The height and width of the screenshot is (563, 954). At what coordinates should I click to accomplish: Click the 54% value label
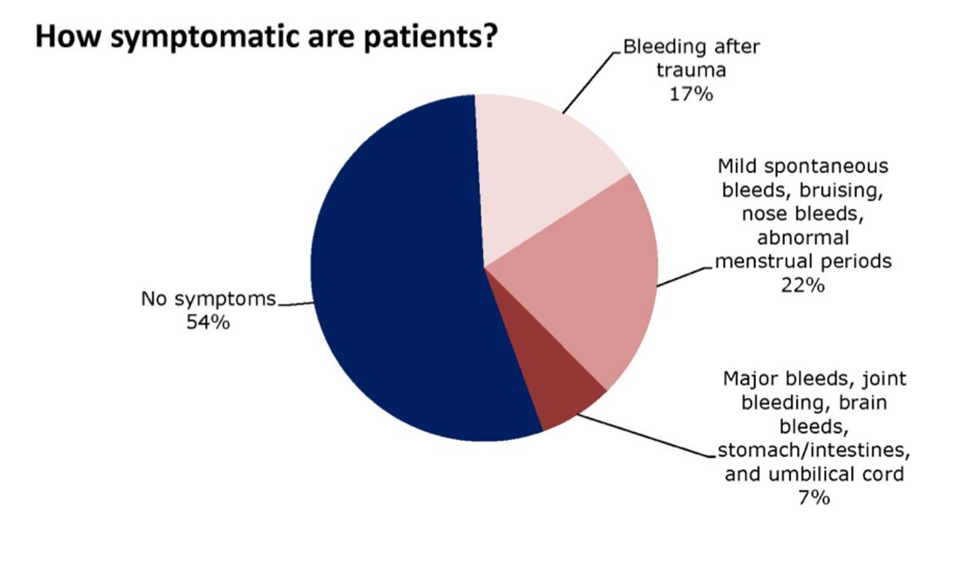pyautogui.click(x=208, y=323)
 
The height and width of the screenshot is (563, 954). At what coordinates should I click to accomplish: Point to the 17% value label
pyautogui.click(x=691, y=95)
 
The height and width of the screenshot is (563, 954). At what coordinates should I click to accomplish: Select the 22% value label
pyautogui.click(x=803, y=285)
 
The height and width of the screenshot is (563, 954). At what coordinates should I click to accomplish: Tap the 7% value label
pyautogui.click(x=814, y=498)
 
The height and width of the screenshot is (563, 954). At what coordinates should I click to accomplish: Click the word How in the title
pyautogui.click(x=68, y=37)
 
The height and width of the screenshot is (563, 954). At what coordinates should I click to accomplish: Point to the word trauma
pyautogui.click(x=691, y=71)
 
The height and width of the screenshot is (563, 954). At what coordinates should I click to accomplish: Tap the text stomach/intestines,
pyautogui.click(x=814, y=450)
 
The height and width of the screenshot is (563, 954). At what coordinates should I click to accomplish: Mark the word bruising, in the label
pyautogui.click(x=841, y=190)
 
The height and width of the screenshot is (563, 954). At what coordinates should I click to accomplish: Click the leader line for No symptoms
pyautogui.click(x=296, y=304)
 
